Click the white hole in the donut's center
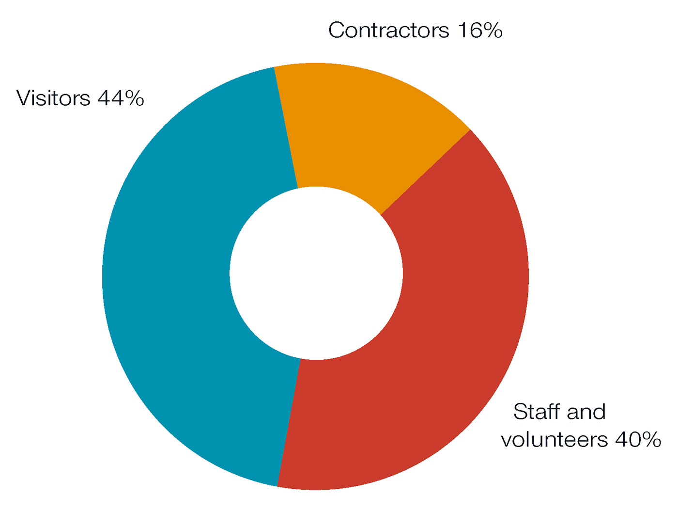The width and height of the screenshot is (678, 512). click(x=316, y=273)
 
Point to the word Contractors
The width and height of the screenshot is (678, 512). click(x=389, y=31)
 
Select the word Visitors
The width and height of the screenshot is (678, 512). click(x=53, y=98)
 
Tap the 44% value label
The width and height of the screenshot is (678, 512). click(x=121, y=98)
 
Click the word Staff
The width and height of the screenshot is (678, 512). click(x=535, y=412)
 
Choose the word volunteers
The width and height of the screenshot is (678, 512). click(x=554, y=440)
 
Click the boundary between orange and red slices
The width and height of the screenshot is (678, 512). click(x=425, y=172)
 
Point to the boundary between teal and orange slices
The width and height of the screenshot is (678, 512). click(x=286, y=127)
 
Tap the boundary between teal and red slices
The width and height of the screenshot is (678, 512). click(x=289, y=422)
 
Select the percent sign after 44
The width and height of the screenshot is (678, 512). click(x=133, y=98)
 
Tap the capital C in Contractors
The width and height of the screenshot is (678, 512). click(x=337, y=31)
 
